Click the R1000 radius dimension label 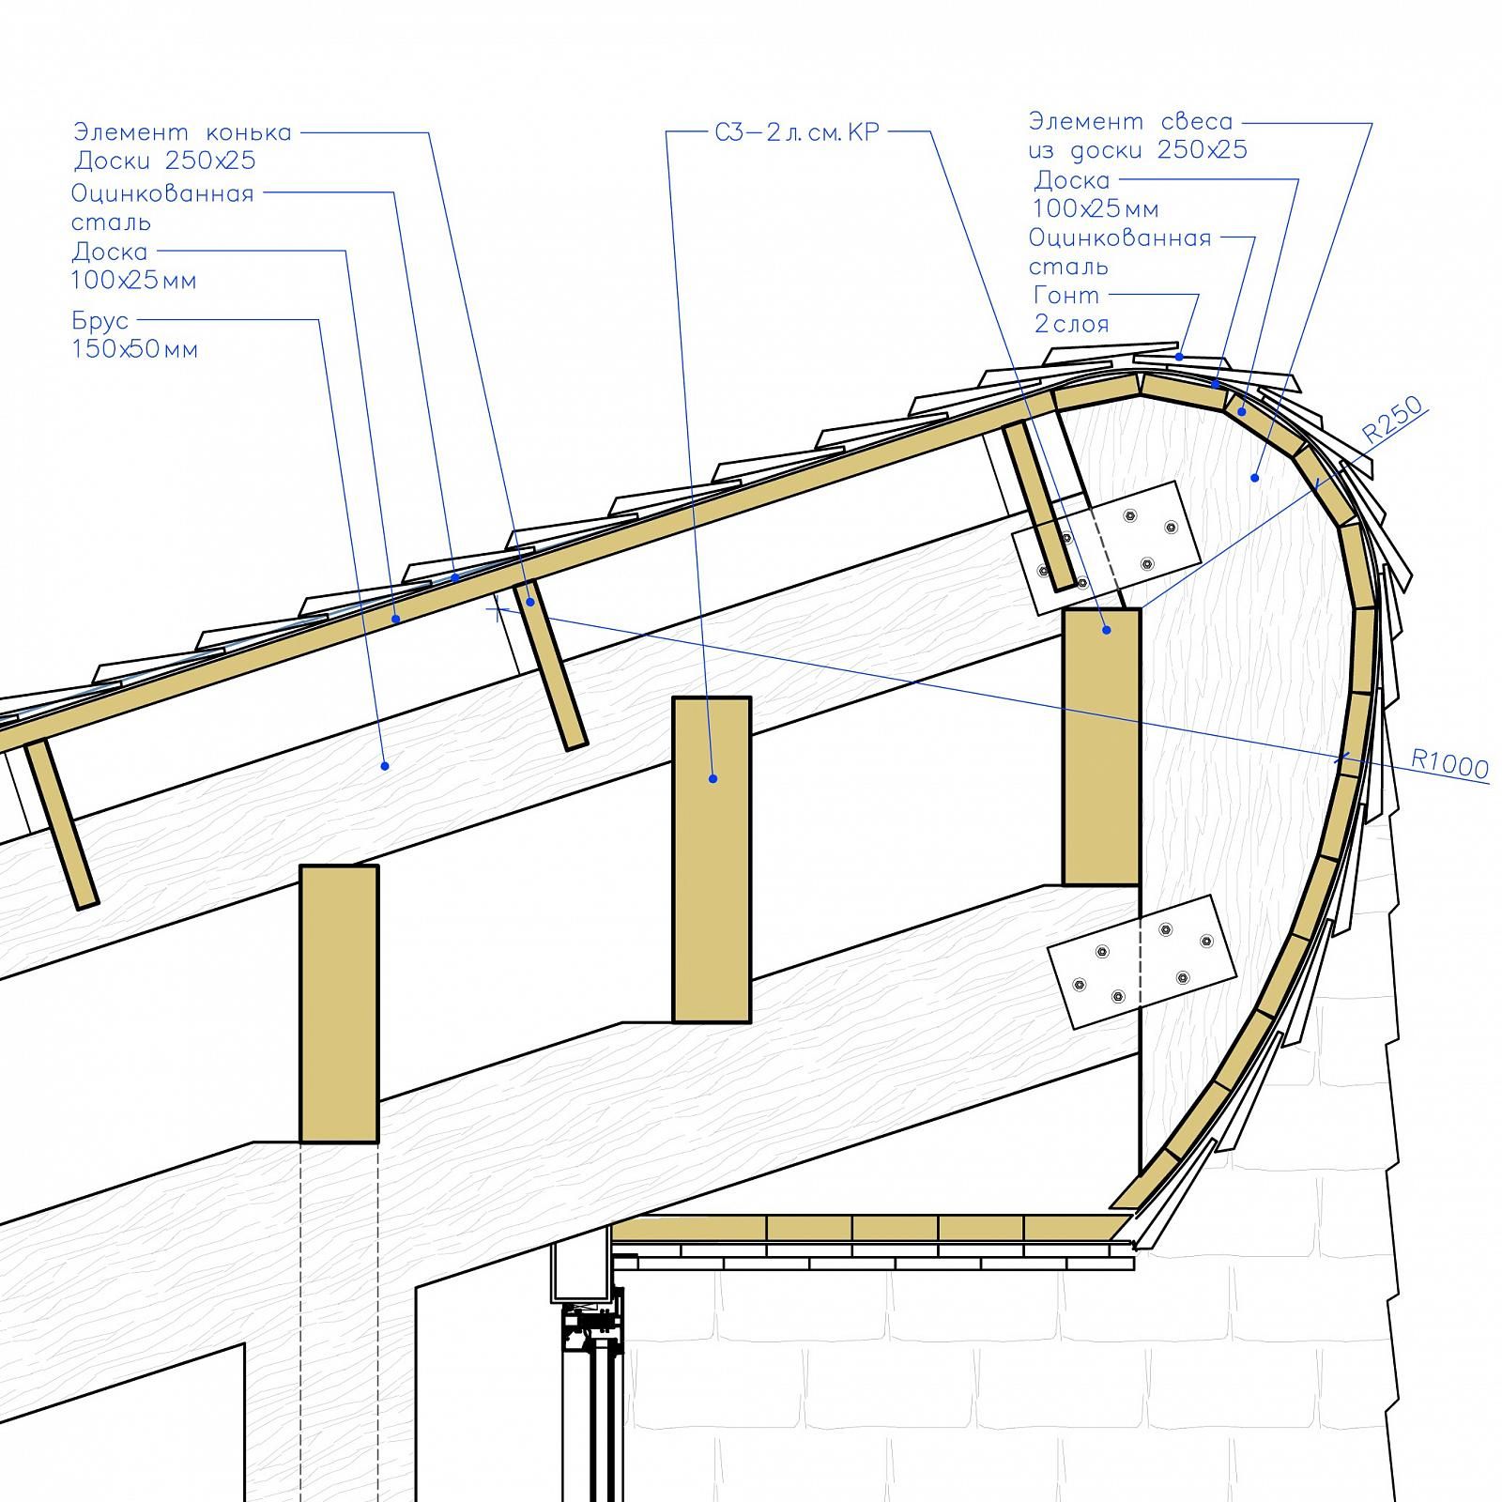(1450, 764)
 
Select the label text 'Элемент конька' (183, 132)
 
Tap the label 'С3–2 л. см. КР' (797, 132)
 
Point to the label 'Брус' (100, 322)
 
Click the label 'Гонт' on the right (1066, 296)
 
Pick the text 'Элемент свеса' (1131, 121)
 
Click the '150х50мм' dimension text (135, 350)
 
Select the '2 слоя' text (1071, 325)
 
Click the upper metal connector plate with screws (1106, 548)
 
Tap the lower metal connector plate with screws (1142, 960)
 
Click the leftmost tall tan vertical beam (339, 1004)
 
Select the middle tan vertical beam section (712, 859)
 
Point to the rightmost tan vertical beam (1101, 746)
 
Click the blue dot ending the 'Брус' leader (384, 766)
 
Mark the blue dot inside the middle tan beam (713, 778)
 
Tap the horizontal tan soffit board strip (868, 1228)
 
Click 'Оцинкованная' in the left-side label (162, 194)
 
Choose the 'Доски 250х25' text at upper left (165, 161)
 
